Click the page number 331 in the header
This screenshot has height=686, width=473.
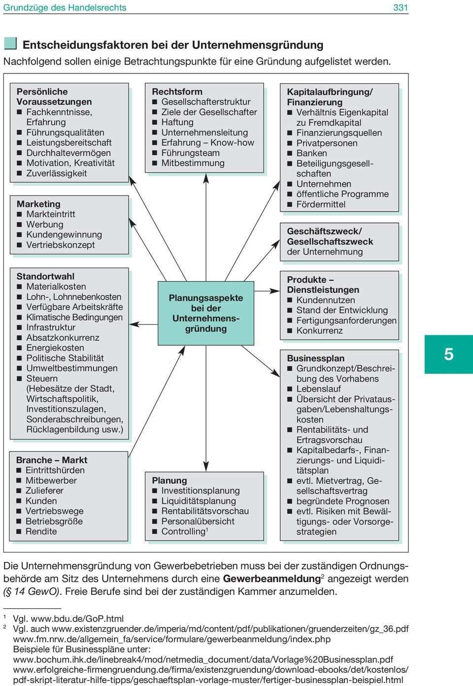coord(400,7)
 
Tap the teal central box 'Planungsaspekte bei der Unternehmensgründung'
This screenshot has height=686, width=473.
coord(206,313)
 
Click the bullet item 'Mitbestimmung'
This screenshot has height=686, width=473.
coord(193,163)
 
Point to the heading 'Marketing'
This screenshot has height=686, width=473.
coord(38,204)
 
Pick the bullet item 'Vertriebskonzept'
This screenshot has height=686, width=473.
coord(60,245)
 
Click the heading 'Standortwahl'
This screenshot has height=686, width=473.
coord(45,276)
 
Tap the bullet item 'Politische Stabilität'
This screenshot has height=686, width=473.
coord(65,358)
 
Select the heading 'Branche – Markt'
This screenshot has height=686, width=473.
coord(52,460)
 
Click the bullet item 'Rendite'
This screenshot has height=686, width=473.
coord(41,531)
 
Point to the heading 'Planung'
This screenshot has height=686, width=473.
coord(169,480)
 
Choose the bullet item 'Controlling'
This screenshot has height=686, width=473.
coord(183,531)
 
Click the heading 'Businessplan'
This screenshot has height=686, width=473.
coord(316,358)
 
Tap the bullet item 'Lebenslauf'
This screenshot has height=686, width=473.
coord(318,389)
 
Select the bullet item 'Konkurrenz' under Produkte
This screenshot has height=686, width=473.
coord(319,330)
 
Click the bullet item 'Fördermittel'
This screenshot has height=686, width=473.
coord(321,204)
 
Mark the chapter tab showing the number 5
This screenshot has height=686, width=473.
coord(448,355)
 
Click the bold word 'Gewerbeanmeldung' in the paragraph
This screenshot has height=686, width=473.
coord(271,579)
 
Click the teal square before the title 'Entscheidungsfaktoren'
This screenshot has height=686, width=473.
coord(10,44)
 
